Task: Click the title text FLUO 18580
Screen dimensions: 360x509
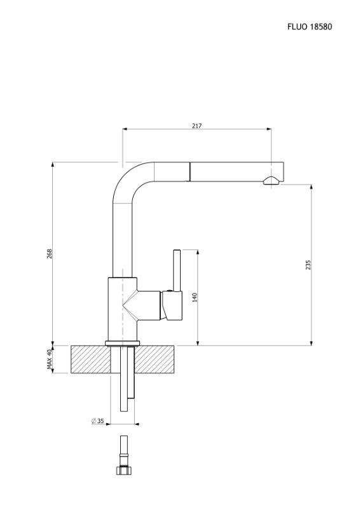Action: [309, 27]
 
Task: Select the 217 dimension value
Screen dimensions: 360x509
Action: [197, 125]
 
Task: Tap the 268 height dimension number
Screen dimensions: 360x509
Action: [50, 253]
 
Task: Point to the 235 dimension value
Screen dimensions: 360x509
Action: [308, 265]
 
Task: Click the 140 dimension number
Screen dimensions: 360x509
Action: [195, 297]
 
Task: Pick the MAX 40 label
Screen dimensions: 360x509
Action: [50, 359]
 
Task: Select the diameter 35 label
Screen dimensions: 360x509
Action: [97, 421]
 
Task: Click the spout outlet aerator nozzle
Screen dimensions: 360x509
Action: [271, 181]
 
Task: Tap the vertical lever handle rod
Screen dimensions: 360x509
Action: [177, 270]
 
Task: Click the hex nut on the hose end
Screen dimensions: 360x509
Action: [123, 470]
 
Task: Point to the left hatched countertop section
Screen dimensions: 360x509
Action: [91, 359]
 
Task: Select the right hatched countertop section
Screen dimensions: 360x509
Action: [155, 359]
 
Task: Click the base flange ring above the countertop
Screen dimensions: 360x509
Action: [122, 344]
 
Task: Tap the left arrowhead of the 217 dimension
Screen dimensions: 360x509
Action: [125, 129]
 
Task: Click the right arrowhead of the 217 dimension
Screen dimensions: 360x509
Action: [269, 129]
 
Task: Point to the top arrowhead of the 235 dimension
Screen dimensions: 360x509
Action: [311, 187]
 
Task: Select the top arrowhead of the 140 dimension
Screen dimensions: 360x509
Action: [198, 252]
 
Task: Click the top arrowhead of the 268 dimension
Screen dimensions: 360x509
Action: [53, 165]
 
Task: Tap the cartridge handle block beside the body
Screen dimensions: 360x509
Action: [172, 305]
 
